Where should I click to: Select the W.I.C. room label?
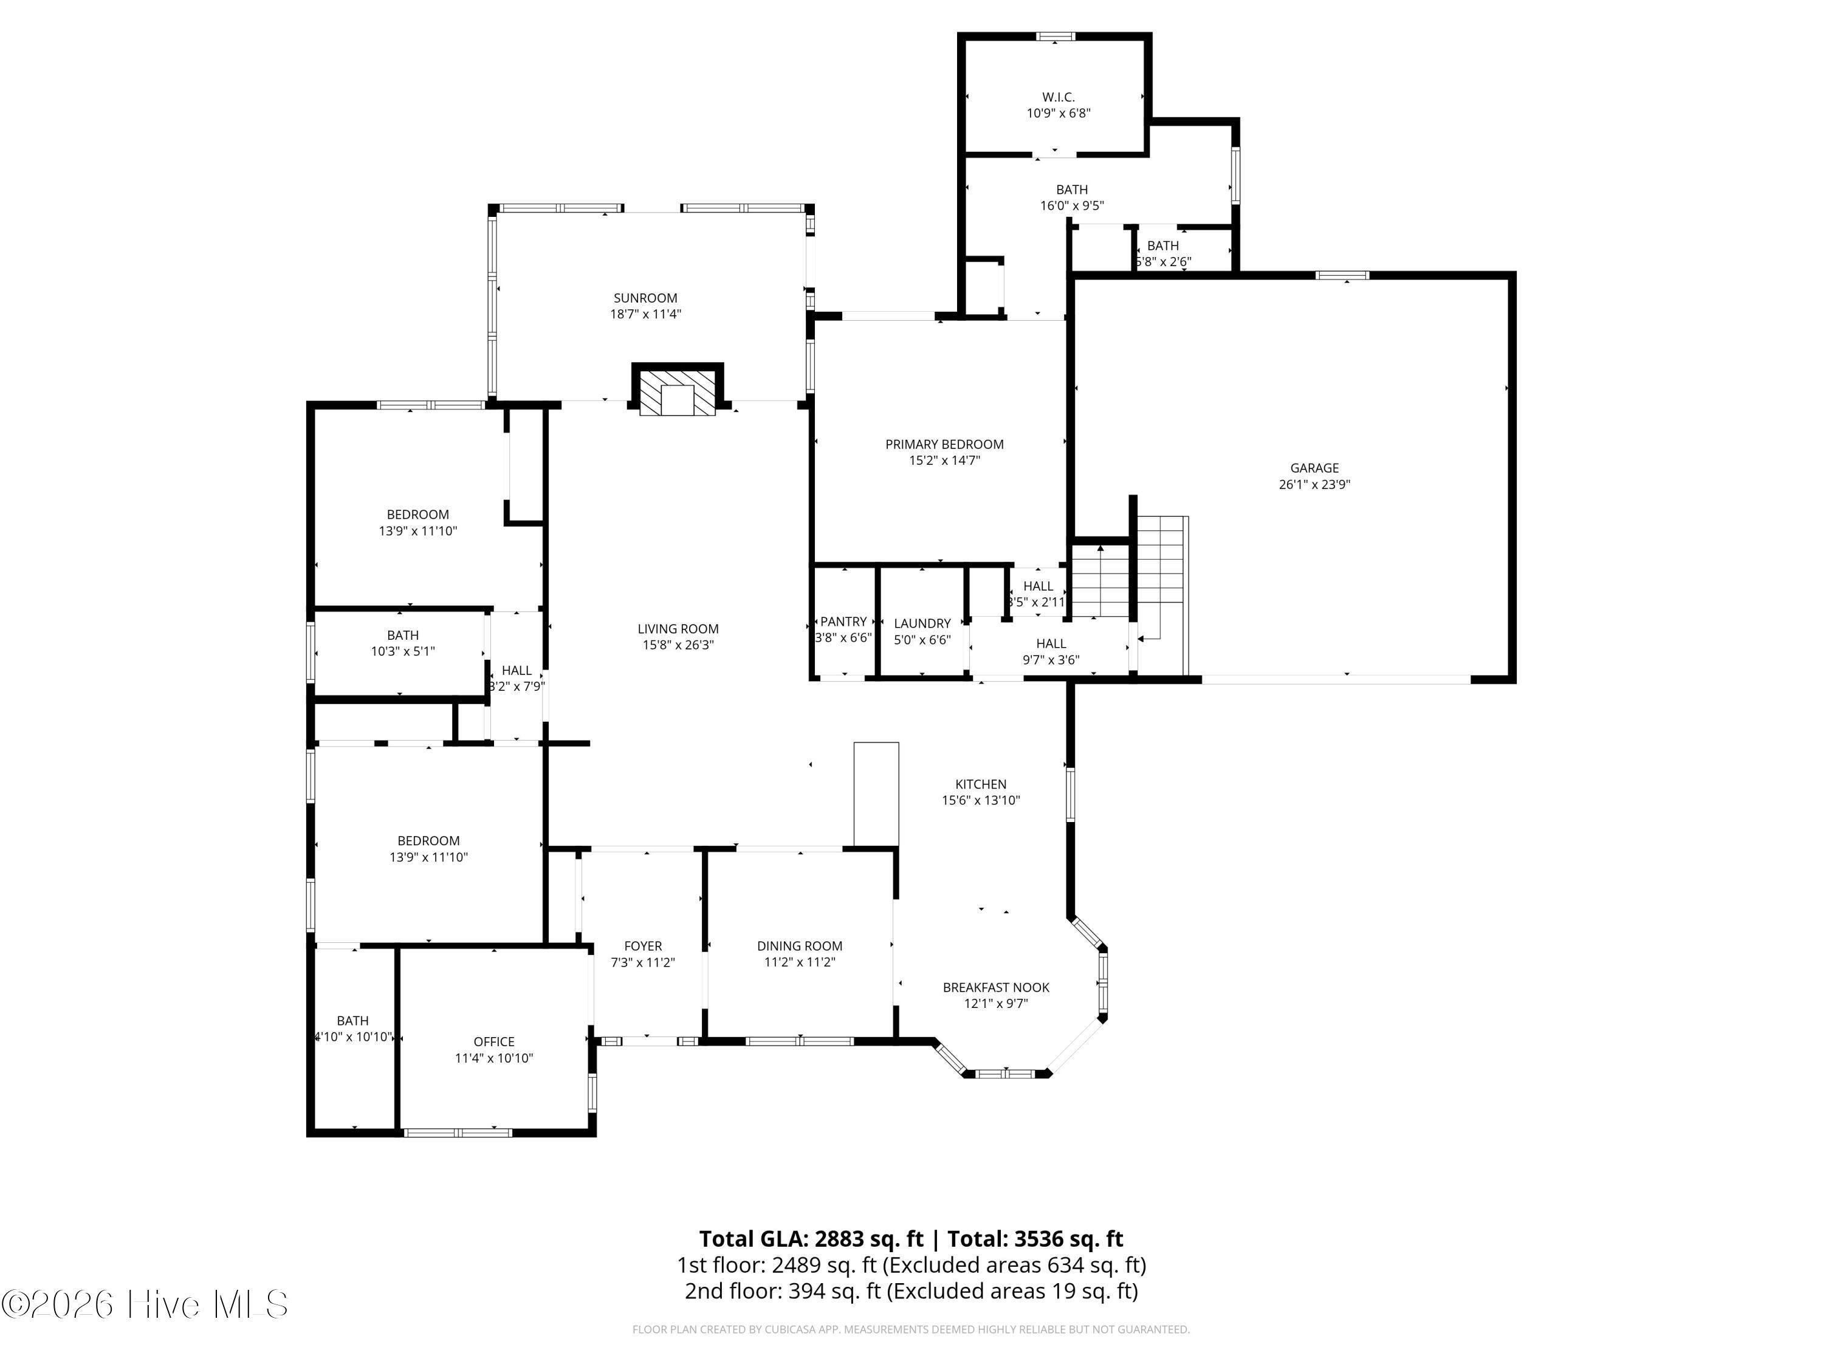[x=1058, y=97]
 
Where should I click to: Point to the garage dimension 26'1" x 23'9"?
[x=1314, y=484]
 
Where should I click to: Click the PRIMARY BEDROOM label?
[x=944, y=444]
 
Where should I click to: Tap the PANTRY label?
[x=843, y=622]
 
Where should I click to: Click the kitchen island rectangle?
[x=876, y=793]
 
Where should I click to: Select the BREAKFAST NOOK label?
[x=995, y=987]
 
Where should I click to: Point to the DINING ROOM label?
[x=800, y=946]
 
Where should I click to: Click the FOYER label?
[x=643, y=946]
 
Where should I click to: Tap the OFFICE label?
[x=493, y=1041]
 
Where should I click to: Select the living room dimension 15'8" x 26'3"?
[x=678, y=645]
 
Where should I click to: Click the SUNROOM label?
[x=645, y=298]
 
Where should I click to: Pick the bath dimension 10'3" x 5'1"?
[x=402, y=651]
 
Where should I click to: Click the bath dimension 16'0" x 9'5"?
[x=1071, y=206]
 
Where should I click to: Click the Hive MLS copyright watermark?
[x=145, y=1304]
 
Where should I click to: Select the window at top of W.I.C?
[x=1055, y=36]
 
